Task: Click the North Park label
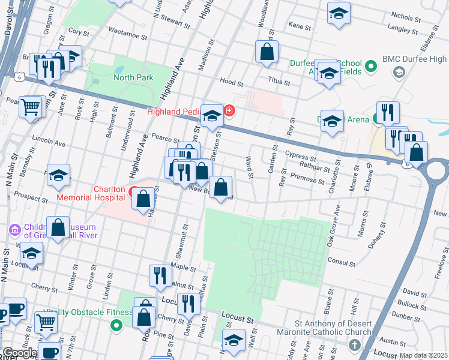(x=133, y=77)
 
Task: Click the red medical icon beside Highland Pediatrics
(x=229, y=110)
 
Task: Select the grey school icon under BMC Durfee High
(x=398, y=73)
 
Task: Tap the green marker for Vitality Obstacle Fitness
(x=117, y=325)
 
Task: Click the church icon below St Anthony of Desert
(x=354, y=345)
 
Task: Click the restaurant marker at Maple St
(x=160, y=275)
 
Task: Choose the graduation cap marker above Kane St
(x=339, y=13)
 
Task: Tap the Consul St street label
(x=342, y=262)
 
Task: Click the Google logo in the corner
(x=20, y=353)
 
